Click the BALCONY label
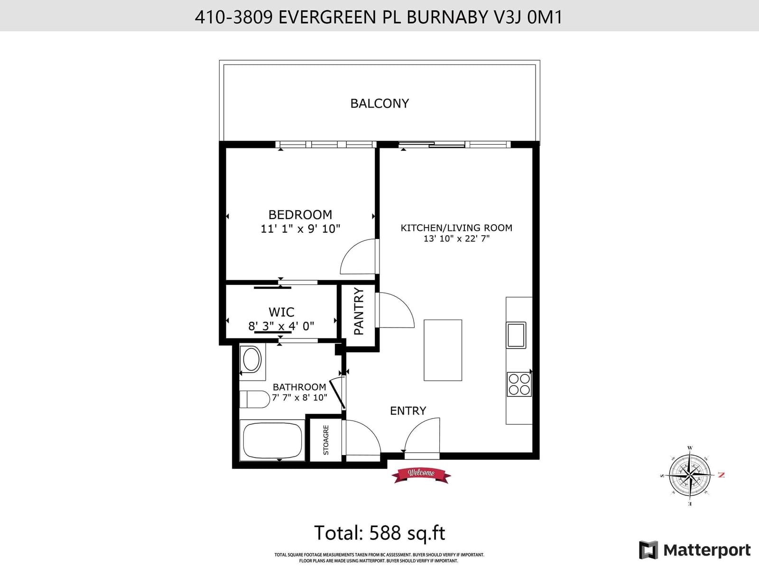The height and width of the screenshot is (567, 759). click(x=379, y=103)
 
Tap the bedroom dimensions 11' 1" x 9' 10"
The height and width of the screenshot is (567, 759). click(x=300, y=229)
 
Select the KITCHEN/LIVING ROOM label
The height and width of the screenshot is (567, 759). click(x=456, y=228)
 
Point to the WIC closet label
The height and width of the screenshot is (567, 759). click(x=281, y=312)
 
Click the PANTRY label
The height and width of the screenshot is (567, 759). click(x=359, y=311)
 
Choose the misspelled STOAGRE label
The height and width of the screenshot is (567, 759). click(x=326, y=440)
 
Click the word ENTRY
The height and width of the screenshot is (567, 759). click(x=408, y=411)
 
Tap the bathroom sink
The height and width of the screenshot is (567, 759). click(x=252, y=359)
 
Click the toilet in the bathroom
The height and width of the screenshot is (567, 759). click(x=255, y=400)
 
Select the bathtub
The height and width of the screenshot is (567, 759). click(x=272, y=440)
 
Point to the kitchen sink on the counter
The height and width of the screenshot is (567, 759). click(x=516, y=335)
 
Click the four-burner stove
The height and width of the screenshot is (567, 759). click(x=519, y=384)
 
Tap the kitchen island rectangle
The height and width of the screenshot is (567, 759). click(x=443, y=350)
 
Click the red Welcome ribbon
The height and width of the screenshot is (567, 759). click(x=421, y=475)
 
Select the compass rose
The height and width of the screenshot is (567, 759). click(x=690, y=476)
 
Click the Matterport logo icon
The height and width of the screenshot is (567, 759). click(x=648, y=550)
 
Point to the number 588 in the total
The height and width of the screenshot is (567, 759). click(x=385, y=532)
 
